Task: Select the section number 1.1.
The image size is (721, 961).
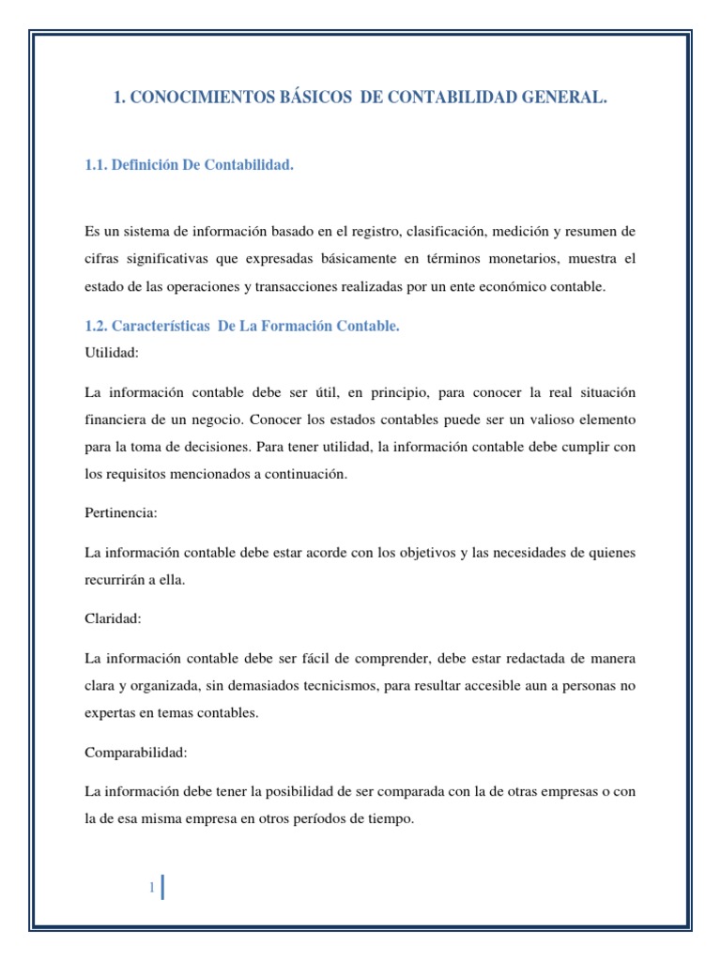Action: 99,166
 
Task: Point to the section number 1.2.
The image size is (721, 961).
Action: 99,326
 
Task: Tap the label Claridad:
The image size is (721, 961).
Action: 113,620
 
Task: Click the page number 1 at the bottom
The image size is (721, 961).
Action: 150,888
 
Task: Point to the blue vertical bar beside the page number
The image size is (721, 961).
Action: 163,887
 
